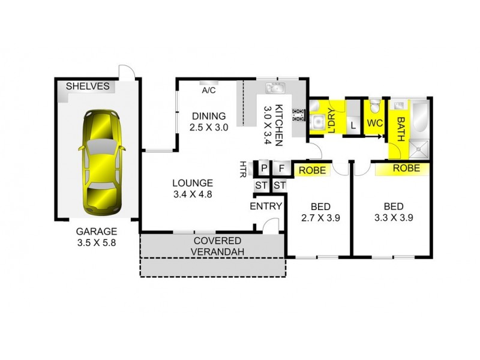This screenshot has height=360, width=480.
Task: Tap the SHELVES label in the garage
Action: point(87,86)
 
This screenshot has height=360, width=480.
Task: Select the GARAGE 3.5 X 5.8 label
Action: point(96,236)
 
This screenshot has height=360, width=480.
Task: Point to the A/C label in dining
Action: point(209,91)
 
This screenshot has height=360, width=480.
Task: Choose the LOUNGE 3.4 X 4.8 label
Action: point(193,188)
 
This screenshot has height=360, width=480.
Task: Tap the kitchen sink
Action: point(275,89)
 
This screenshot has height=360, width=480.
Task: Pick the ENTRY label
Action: point(266,206)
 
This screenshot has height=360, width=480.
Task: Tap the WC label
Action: point(374,123)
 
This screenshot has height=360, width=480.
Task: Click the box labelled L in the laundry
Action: point(353,125)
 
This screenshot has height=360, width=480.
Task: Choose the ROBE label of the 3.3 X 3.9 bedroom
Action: point(406,169)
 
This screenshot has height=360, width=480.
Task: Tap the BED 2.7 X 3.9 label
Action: point(319,212)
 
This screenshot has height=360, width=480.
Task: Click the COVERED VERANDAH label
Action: point(212,246)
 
